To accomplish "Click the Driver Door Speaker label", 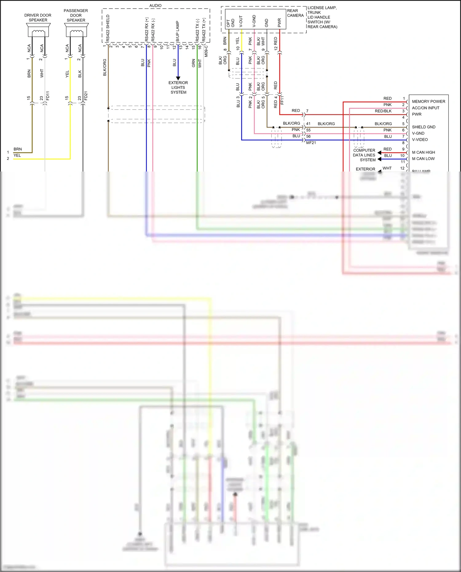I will pos(38,18).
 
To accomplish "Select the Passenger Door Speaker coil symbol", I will pos(76,32).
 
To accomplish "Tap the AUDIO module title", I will pos(155,6).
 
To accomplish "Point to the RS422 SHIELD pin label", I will pos(108,28).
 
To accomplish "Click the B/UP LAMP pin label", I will pos(177,31).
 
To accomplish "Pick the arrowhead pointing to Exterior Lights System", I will pos(178,78).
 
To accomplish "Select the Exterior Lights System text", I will pos(178,88).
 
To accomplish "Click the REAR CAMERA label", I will pos(295,13).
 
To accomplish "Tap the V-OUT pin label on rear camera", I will pos(241,22).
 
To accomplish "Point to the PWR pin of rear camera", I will pos(279,23).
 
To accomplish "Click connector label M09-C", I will pos(206,51).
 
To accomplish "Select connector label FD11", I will pos(48,96).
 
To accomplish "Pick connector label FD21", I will pos(86,96).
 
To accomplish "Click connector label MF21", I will pos(311,143).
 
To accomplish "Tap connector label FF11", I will pos(282,100).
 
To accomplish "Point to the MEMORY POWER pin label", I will pos(428,101).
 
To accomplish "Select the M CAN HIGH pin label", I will pos(423,152).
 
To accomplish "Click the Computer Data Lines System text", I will pos(364,155).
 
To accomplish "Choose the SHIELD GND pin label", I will pos(424,127).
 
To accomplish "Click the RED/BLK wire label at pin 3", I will pos(383,111).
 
